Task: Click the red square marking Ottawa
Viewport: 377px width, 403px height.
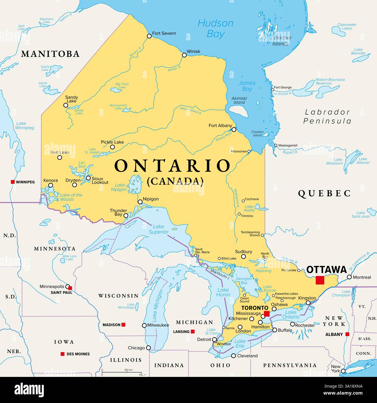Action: point(320,280)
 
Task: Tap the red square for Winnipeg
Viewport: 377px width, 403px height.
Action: point(12,182)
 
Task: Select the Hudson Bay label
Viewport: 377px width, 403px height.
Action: point(215,28)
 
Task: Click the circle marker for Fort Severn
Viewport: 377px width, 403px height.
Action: point(149,36)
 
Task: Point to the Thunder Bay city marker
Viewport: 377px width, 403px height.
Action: point(126,215)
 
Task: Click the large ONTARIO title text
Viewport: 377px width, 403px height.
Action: point(173,166)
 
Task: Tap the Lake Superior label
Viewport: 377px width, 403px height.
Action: point(158,229)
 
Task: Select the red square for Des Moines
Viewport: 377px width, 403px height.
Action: point(62,354)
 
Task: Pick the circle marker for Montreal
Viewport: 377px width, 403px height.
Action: point(349,277)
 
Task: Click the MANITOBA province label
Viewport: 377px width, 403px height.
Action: point(50,54)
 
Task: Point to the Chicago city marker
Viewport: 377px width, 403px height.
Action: point(148,348)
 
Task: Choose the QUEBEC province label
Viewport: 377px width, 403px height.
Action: point(325,193)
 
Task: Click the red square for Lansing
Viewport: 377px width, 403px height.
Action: point(193,331)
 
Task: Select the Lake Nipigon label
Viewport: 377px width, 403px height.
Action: point(120,187)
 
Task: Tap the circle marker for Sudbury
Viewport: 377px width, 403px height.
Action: point(244,257)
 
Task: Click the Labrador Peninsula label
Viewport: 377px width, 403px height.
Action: point(327,117)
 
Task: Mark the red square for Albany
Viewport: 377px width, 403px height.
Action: point(347,334)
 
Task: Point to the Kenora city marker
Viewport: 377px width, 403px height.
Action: point(50,185)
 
